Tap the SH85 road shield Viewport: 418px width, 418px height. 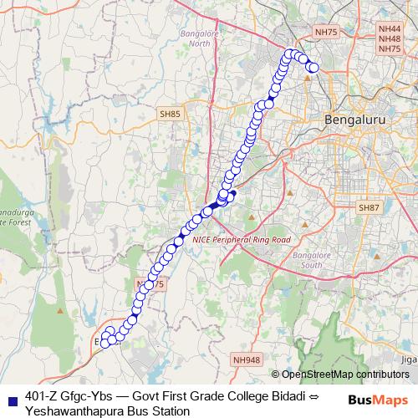click(x=170, y=113)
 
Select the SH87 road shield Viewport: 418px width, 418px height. click(x=368, y=206)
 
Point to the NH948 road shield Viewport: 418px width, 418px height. click(x=247, y=359)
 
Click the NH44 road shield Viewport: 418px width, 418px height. click(x=390, y=29)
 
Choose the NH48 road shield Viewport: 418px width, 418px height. click(x=390, y=39)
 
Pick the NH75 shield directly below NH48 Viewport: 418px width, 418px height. click(x=390, y=49)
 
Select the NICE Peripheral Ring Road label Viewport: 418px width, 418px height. click(x=241, y=239)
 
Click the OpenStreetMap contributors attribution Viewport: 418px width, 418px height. click(x=345, y=375)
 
